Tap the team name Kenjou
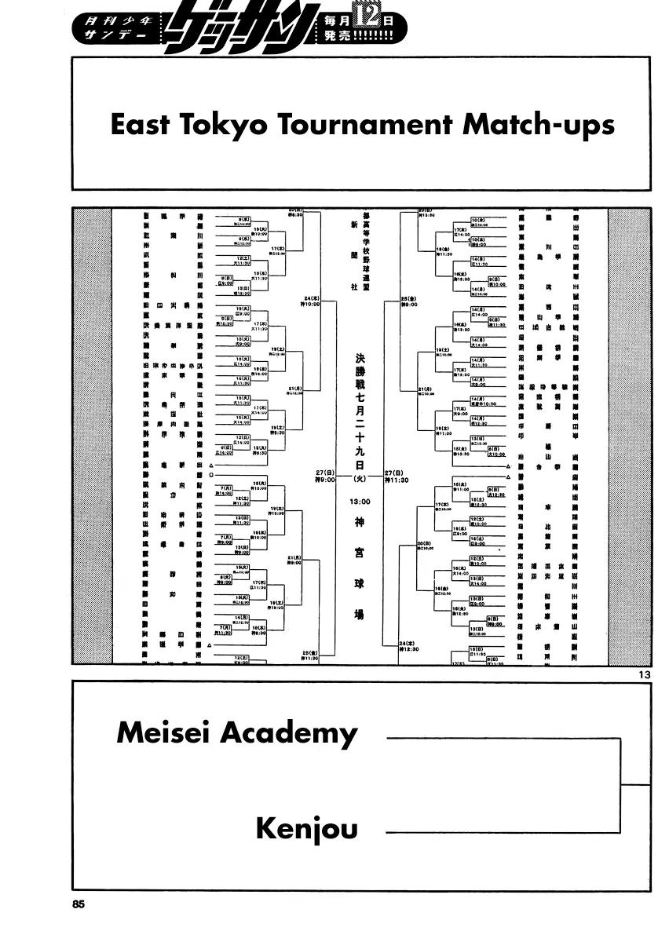[306, 829]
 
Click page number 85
[77, 904]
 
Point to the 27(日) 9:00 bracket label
[325, 476]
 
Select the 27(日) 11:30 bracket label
[400, 476]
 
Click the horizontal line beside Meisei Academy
[503, 739]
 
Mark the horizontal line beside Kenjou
[503, 830]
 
